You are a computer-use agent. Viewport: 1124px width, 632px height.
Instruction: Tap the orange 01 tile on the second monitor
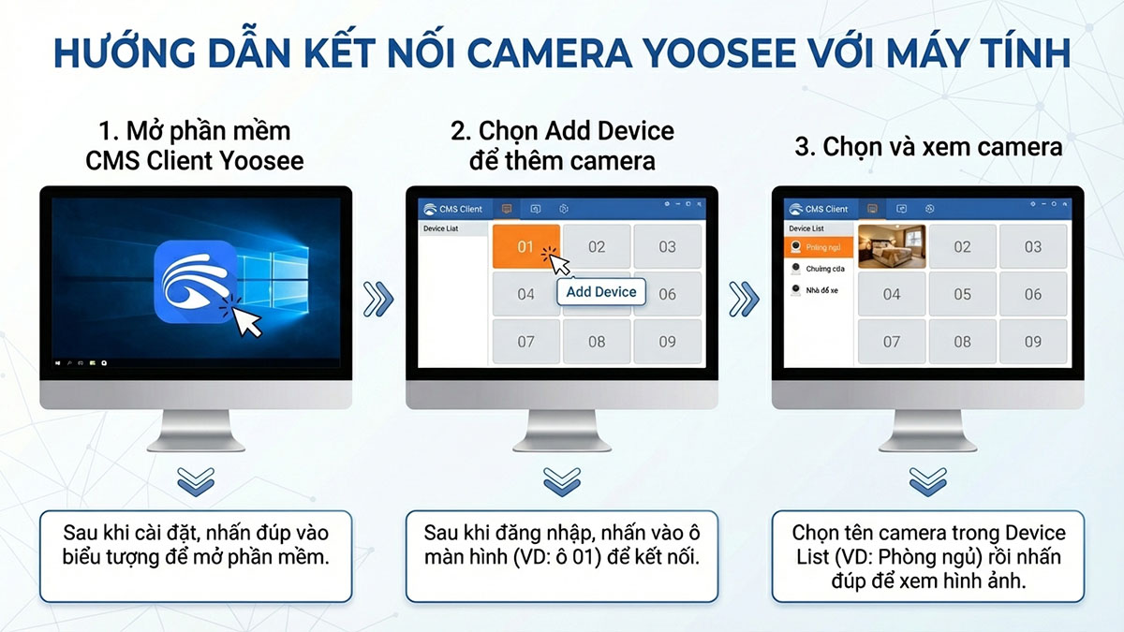pos(525,247)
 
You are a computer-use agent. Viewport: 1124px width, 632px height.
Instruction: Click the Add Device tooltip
pos(601,291)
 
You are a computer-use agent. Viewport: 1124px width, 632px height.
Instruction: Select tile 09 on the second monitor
pos(667,342)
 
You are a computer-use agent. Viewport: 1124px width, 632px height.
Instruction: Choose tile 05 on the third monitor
pos(962,294)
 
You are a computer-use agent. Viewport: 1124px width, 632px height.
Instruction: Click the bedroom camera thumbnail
pos(891,246)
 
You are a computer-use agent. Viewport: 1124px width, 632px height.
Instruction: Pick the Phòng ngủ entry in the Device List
pos(820,247)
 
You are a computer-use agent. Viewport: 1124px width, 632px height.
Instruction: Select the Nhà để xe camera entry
pos(820,290)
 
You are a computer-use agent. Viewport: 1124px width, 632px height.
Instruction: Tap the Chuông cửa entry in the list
pos(820,269)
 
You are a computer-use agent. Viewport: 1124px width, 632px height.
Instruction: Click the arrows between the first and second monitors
pos(378,300)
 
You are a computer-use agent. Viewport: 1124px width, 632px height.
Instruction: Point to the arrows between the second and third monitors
pos(744,300)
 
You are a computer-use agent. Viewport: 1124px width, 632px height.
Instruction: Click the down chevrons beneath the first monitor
pos(196,481)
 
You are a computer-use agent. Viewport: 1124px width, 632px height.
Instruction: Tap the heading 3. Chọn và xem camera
pos(927,147)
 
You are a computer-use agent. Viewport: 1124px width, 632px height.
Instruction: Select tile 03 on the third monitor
pos(1032,247)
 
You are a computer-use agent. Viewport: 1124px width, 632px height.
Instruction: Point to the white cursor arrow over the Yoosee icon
pos(246,320)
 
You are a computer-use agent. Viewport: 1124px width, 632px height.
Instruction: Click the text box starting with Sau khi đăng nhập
pos(561,555)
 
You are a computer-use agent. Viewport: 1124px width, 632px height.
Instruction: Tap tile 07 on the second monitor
pos(525,342)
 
